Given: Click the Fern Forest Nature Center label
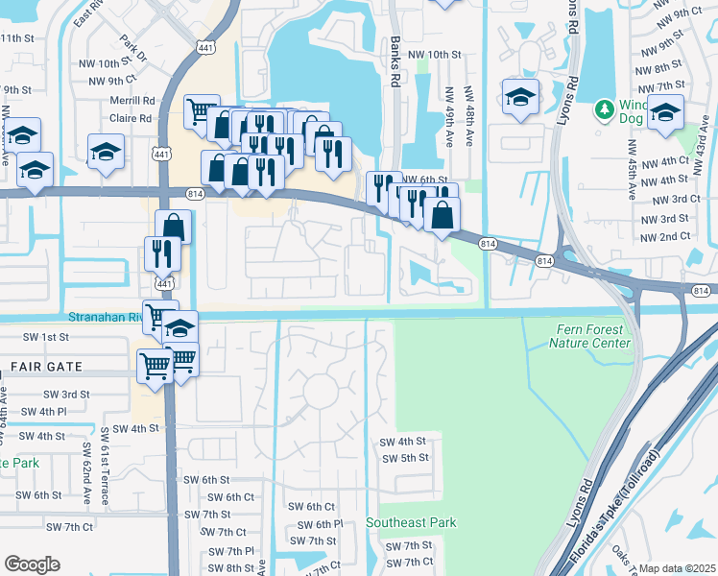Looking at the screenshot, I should (x=593, y=336).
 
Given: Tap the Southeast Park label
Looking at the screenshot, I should (x=411, y=522).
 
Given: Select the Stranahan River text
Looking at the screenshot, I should (x=106, y=317).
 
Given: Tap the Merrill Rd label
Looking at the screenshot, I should (x=132, y=100).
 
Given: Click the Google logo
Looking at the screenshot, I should (x=32, y=564).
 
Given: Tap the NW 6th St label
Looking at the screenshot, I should (x=424, y=180).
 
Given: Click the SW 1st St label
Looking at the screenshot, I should (x=42, y=337).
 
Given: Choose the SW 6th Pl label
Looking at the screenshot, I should (x=321, y=524).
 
